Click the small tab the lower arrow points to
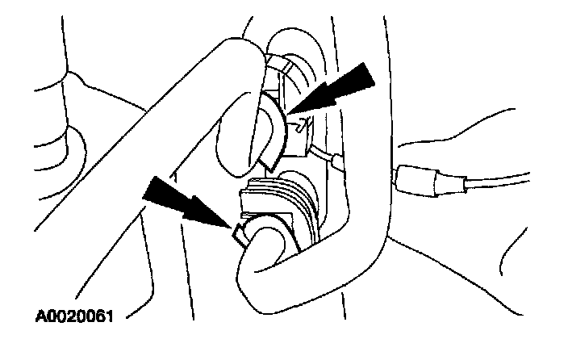point(240,235)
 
